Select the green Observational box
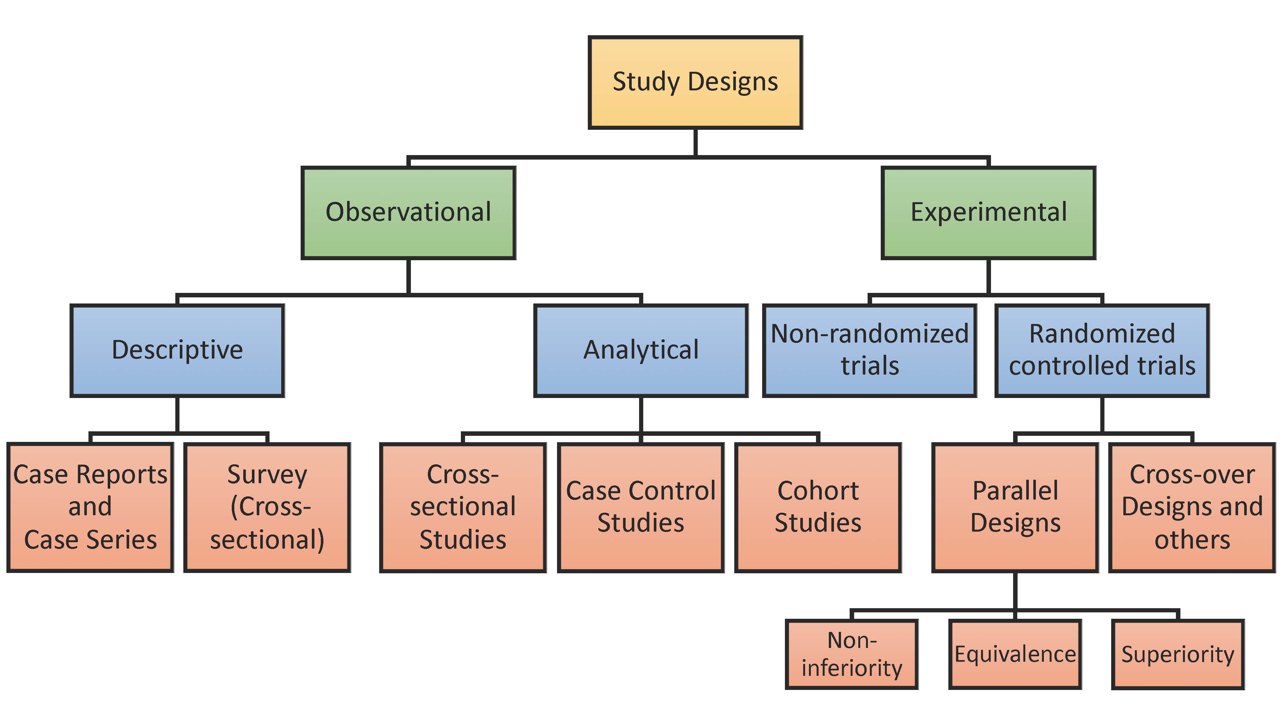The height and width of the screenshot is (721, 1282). (x=408, y=213)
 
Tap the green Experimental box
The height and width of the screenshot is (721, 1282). (x=988, y=213)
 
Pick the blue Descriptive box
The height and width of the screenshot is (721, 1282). (x=177, y=350)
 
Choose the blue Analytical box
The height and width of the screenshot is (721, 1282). (x=641, y=350)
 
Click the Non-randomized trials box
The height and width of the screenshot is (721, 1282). (x=870, y=350)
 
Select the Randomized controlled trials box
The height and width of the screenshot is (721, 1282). (x=1102, y=350)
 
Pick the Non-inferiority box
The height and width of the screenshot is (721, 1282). (x=852, y=654)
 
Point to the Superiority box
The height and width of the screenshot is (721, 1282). (x=1178, y=654)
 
